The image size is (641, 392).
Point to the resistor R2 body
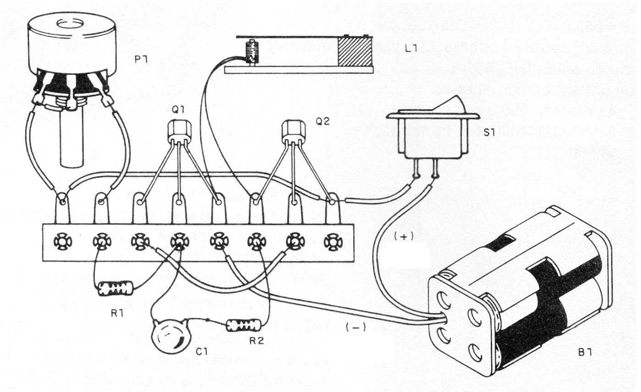244,326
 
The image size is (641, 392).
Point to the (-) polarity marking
353,327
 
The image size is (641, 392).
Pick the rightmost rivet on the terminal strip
332,241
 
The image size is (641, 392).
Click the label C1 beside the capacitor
202,352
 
